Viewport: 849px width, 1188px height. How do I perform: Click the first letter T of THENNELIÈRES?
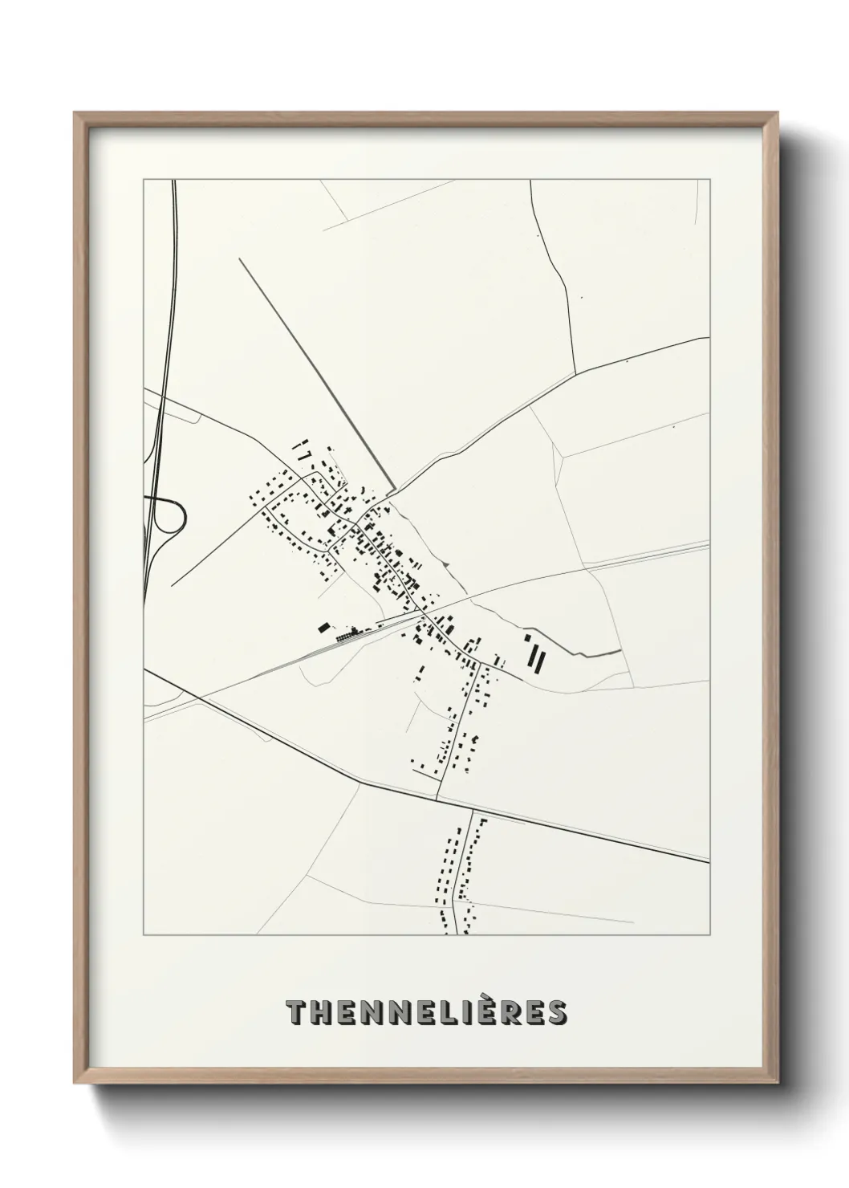296,1013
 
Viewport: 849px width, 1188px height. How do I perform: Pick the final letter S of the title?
555,1013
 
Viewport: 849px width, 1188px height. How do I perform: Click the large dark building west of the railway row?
324,627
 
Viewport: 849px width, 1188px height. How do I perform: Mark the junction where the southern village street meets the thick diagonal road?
437,799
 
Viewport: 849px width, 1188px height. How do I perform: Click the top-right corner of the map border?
709,180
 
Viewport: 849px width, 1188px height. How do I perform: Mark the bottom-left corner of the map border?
144,935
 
